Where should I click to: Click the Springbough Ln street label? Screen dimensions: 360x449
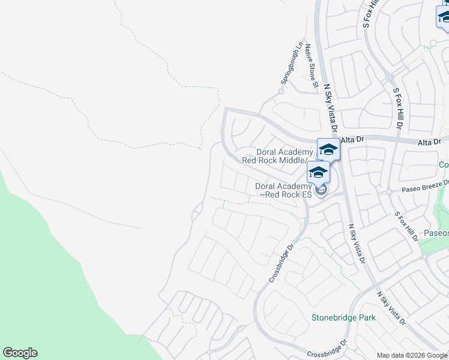click(291, 63)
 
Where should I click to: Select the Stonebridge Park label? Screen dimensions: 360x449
click(343, 317)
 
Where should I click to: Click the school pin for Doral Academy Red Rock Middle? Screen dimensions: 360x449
click(328, 149)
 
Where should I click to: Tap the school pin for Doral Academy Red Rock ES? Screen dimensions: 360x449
click(318, 173)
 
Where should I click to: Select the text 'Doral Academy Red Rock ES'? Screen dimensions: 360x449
click(283, 190)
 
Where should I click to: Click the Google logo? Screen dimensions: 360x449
click(20, 353)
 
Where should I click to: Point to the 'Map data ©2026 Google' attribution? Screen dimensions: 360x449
click(412, 355)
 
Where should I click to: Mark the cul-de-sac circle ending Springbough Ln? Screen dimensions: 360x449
click(280, 92)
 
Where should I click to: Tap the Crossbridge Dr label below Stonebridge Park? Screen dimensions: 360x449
click(327, 349)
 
